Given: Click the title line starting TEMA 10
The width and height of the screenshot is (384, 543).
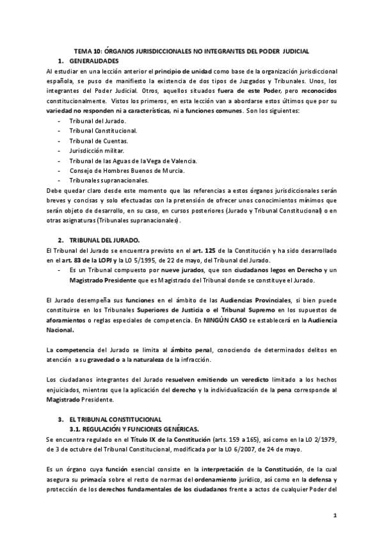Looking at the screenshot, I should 192,50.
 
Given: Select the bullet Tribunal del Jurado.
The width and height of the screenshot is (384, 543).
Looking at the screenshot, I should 99,121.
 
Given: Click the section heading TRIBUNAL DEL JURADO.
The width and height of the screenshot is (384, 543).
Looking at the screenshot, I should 113,239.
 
